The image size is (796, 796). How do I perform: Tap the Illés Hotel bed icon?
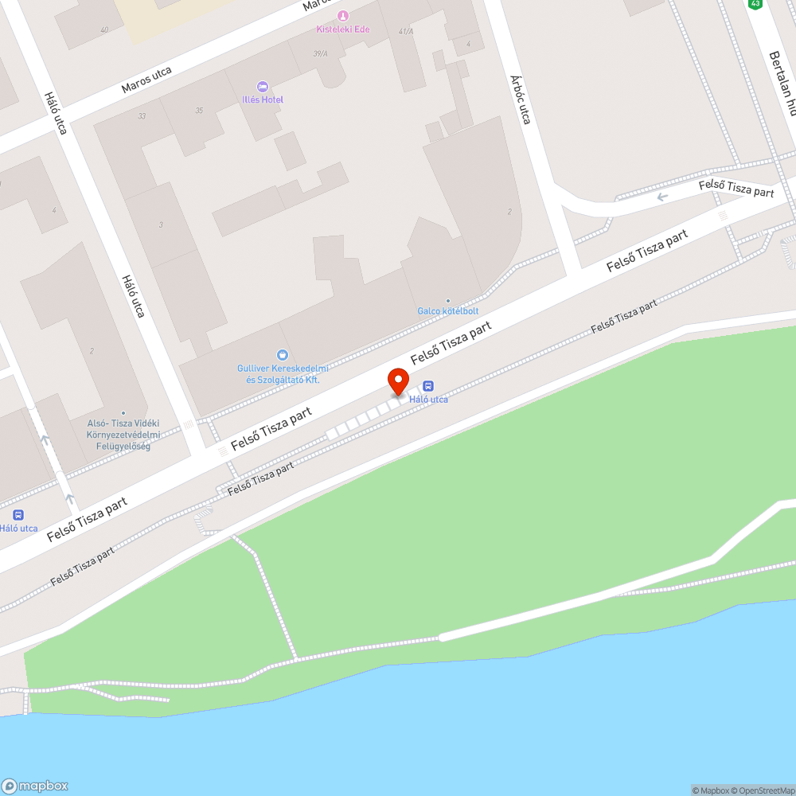coord(263,87)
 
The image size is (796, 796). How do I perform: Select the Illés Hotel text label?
coord(263,99)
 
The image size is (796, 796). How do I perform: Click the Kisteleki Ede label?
coord(343,29)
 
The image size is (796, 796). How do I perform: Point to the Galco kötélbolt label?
coord(447,311)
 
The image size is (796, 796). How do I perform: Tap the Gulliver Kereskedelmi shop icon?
coord(283,355)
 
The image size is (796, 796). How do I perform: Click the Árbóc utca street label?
coord(521,99)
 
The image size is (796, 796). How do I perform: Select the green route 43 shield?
coord(755,4)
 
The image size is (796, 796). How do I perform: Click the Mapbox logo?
coord(35,785)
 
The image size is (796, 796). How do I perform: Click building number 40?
coord(104,30)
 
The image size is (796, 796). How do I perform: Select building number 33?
coord(142,116)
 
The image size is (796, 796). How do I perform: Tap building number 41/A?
coord(406,31)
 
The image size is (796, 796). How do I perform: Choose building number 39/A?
coord(321,53)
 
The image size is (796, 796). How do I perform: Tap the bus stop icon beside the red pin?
coord(428,386)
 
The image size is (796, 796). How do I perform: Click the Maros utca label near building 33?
coord(146,78)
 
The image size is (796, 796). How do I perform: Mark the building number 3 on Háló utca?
coord(161,225)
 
